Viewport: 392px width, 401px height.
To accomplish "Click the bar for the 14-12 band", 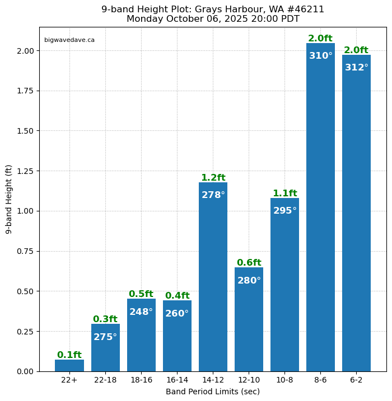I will click(213, 280).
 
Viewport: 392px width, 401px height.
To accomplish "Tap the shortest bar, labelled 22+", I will click(69, 366).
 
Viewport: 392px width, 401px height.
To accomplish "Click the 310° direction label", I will click(320, 56).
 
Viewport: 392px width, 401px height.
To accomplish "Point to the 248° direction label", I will click(141, 312).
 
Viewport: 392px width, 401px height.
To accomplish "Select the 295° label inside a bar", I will click(284, 211).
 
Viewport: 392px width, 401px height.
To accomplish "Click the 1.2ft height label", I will click(213, 178).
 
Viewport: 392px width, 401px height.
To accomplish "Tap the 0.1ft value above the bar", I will click(69, 355).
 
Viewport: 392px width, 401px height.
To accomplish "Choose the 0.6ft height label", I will click(249, 263).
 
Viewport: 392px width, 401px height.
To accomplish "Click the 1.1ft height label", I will click(284, 194).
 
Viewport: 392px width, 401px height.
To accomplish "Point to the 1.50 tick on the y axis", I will click(25, 131).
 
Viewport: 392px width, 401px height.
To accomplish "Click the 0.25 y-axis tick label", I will click(25, 331).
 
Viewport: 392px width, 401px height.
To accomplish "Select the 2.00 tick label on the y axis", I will click(25, 51).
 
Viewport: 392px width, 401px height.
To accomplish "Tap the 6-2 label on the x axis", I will click(356, 380).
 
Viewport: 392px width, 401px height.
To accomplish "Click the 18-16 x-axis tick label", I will click(141, 380).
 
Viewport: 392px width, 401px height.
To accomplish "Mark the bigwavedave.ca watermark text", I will click(69, 40).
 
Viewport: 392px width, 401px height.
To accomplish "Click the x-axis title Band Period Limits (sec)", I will click(213, 391).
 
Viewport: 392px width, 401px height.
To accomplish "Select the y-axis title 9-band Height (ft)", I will click(8, 199).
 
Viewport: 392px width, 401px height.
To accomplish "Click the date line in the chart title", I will click(213, 19).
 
